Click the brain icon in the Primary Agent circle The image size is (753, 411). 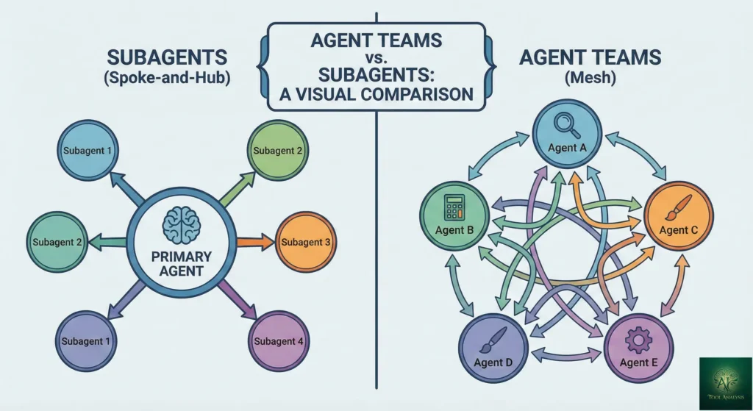tap(179, 224)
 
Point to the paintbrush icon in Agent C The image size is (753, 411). tap(675, 207)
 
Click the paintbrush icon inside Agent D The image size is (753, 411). tap(492, 338)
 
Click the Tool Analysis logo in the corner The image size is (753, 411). tap(725, 383)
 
